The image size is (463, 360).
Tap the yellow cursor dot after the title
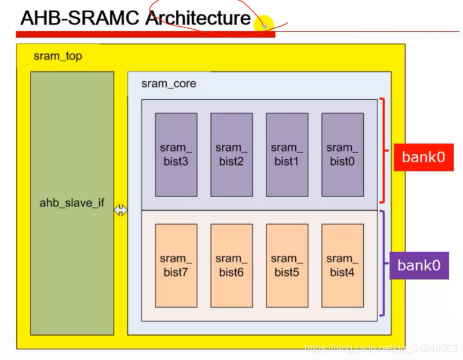[x=263, y=24]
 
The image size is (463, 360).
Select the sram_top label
[x=57, y=56]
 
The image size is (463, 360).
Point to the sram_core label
[x=168, y=84]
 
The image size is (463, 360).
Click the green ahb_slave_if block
[x=72, y=203]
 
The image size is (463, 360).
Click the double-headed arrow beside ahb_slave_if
[x=120, y=211]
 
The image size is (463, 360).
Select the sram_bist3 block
[x=176, y=155]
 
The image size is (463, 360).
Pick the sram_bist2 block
[x=232, y=155]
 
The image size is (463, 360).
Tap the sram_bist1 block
[x=287, y=155]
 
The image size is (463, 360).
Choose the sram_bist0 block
[x=343, y=155]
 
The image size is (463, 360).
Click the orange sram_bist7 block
[x=176, y=266]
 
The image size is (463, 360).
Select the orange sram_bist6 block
[x=232, y=266]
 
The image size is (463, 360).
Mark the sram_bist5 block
[x=287, y=266]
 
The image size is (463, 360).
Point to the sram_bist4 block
[x=343, y=266]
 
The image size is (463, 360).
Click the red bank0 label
[x=423, y=157]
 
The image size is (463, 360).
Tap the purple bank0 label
[x=419, y=265]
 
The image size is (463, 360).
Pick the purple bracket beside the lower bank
[x=383, y=263]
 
